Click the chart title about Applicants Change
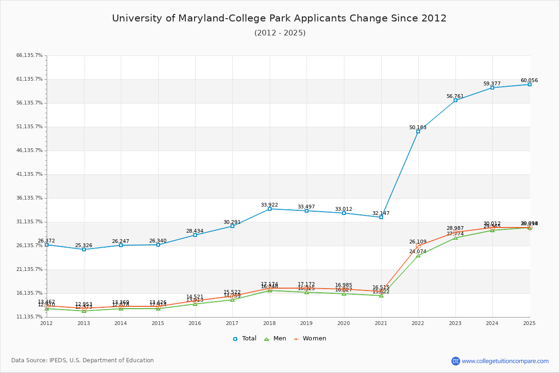pos(279,19)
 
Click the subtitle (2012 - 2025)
pos(280,33)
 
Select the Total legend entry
pos(245,338)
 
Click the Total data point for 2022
pos(418,131)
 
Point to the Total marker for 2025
pos(530,84)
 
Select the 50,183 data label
pos(418,127)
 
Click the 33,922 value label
pos(269,205)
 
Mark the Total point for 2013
pos(84,249)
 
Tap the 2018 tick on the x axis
pos(269,323)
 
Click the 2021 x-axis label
pos(381,323)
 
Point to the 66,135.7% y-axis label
pos(29,55)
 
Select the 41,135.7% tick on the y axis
pos(29,174)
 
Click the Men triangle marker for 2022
pos(418,256)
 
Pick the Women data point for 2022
pos(418,246)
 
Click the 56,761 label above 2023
pos(455,97)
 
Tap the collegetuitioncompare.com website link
pos(505,361)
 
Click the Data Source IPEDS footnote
pos(83,360)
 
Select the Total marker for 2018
pos(269,209)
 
